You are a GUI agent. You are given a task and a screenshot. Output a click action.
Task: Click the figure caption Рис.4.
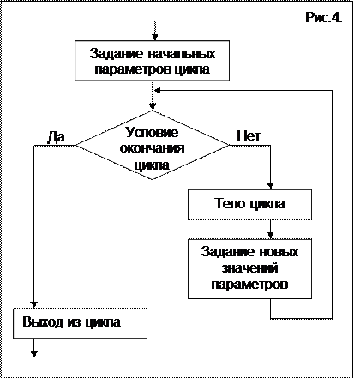coord(324,18)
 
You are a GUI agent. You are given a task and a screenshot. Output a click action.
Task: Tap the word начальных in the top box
coord(182,53)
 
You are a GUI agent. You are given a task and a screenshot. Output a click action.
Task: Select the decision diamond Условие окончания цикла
coord(153,145)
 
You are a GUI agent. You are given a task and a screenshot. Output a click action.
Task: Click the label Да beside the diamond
coord(56,137)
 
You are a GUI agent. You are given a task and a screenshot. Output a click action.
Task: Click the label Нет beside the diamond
coord(249,135)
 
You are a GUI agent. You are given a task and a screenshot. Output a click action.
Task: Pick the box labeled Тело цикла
coord(249,204)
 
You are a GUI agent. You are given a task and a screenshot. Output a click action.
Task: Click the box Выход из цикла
coord(80,323)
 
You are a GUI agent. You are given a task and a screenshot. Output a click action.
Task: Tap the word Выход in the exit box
coord(43,321)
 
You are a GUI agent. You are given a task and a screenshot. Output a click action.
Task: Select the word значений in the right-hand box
coord(249,268)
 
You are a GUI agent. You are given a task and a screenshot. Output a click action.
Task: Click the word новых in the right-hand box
coord(279,252)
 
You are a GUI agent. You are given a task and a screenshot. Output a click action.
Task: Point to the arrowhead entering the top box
coord(154,38)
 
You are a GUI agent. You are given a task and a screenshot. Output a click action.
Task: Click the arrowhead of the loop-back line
coord(157,91)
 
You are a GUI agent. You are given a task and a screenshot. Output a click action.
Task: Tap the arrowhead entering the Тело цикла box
coord(270,186)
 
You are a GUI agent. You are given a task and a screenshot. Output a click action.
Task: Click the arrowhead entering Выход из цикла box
coord(34,304)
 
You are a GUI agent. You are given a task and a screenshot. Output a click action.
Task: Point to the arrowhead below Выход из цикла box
coord(34,354)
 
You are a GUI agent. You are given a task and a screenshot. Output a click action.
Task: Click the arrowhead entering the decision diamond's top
coord(153,107)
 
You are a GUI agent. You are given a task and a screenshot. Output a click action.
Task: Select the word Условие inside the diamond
coord(152,132)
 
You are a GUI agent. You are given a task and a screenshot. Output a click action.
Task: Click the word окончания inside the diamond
coord(152,148)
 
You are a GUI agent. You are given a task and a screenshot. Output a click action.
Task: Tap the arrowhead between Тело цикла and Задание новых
coord(270,236)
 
